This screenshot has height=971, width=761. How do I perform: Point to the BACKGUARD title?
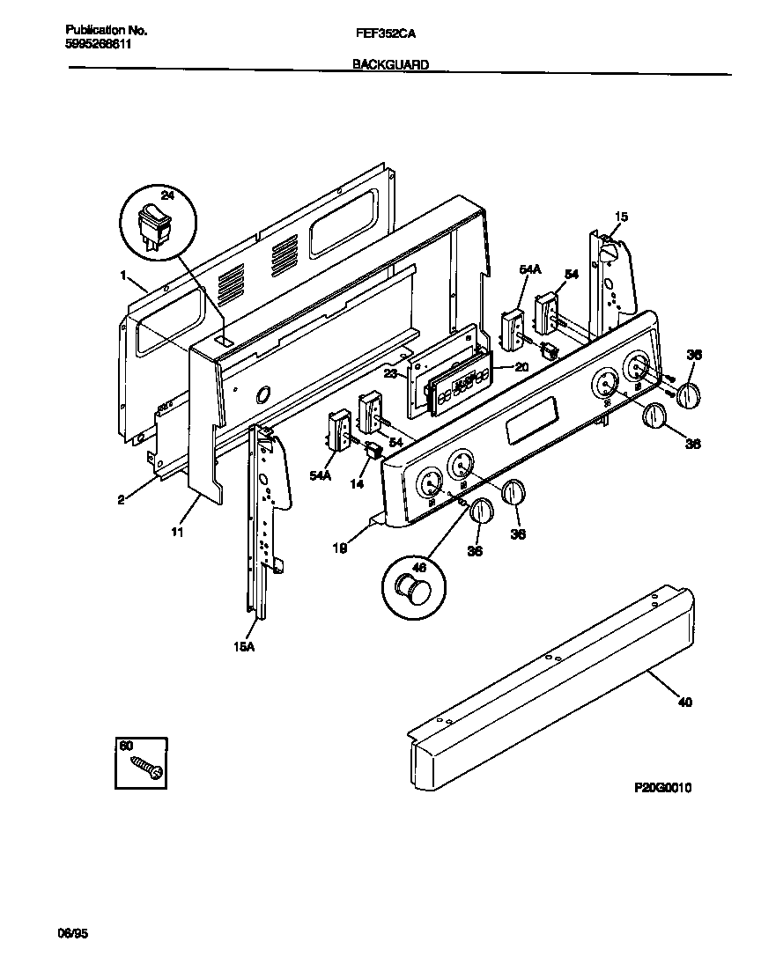click(390, 64)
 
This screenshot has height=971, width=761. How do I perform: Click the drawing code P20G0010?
click(662, 788)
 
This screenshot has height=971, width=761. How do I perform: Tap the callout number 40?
click(684, 703)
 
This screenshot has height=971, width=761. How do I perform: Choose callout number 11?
click(178, 532)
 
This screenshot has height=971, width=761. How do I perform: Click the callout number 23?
click(389, 372)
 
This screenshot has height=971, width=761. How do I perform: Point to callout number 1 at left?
click(122, 276)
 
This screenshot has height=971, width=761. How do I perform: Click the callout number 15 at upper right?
click(621, 217)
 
